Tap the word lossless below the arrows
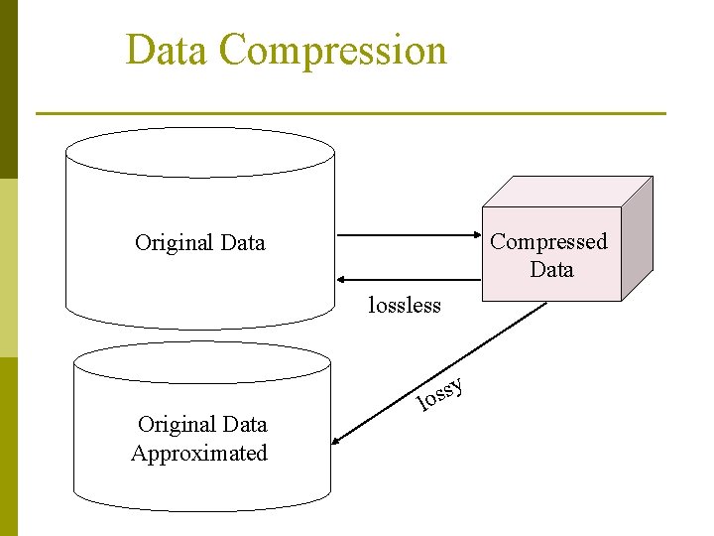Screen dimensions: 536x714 point(404,306)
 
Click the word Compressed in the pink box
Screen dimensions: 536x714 point(549,241)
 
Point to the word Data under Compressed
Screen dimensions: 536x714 point(551,269)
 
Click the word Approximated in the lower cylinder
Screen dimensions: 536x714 point(199,454)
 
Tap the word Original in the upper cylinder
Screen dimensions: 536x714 point(173,242)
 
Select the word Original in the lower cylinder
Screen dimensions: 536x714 point(175,425)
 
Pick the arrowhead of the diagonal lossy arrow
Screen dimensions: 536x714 point(338,444)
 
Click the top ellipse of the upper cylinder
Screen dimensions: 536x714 point(199,152)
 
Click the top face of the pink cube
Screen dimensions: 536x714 point(565,192)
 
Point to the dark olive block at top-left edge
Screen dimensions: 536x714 point(8,89)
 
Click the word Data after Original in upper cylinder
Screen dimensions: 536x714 point(242,242)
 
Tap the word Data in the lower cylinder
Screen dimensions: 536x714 point(244,425)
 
